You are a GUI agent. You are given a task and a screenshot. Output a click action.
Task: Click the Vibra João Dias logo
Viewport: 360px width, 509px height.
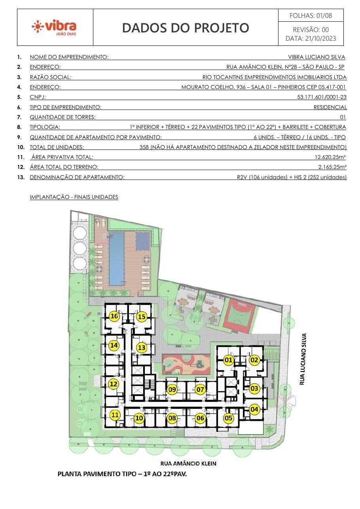point(54,28)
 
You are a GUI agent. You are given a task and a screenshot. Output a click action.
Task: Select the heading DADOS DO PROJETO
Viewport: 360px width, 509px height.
point(186,28)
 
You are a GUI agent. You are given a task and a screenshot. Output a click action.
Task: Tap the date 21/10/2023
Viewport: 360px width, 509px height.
point(320,38)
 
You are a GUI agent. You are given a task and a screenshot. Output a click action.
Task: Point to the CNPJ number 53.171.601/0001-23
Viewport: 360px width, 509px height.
point(322,97)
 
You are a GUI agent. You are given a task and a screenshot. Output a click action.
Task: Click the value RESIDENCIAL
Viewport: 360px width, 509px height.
point(330,107)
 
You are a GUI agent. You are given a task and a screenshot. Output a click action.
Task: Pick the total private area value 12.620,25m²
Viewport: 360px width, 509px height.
point(330,157)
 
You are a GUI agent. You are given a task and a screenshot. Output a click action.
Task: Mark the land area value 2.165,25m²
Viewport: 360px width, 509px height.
point(332,167)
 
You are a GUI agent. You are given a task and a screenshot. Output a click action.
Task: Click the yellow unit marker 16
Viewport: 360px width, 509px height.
point(114,316)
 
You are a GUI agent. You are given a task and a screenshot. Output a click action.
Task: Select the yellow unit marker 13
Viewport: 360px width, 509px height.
point(142,347)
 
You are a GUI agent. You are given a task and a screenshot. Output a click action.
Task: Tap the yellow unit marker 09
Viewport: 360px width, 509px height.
point(172,390)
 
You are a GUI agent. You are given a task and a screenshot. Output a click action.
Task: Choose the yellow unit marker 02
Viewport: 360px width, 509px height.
point(254,360)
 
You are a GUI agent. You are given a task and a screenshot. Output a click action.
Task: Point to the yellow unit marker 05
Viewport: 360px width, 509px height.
point(228,418)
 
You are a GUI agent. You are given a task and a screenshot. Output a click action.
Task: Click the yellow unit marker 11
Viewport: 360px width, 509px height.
point(115,415)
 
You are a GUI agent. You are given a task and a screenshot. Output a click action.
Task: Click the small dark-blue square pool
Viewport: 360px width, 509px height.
point(143,241)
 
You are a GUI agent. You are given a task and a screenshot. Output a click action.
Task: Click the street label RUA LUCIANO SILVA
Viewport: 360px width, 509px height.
point(303,359)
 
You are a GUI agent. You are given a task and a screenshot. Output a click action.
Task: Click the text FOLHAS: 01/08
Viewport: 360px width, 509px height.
point(311,15)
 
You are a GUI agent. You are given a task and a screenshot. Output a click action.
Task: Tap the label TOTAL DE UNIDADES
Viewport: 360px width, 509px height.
point(57,147)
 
